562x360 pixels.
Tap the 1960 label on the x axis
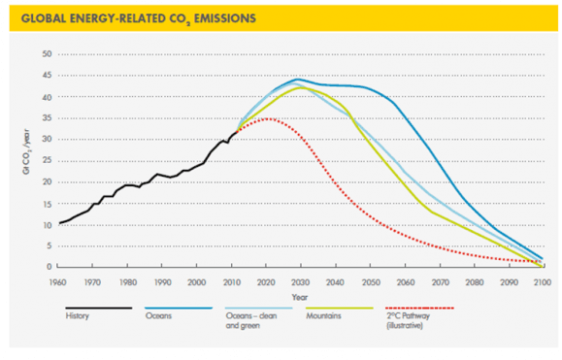[x=60, y=280]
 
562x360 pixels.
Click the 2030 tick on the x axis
[x=298, y=280]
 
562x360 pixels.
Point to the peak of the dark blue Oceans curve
[x=297, y=80]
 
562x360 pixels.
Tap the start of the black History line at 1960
[x=60, y=222]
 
